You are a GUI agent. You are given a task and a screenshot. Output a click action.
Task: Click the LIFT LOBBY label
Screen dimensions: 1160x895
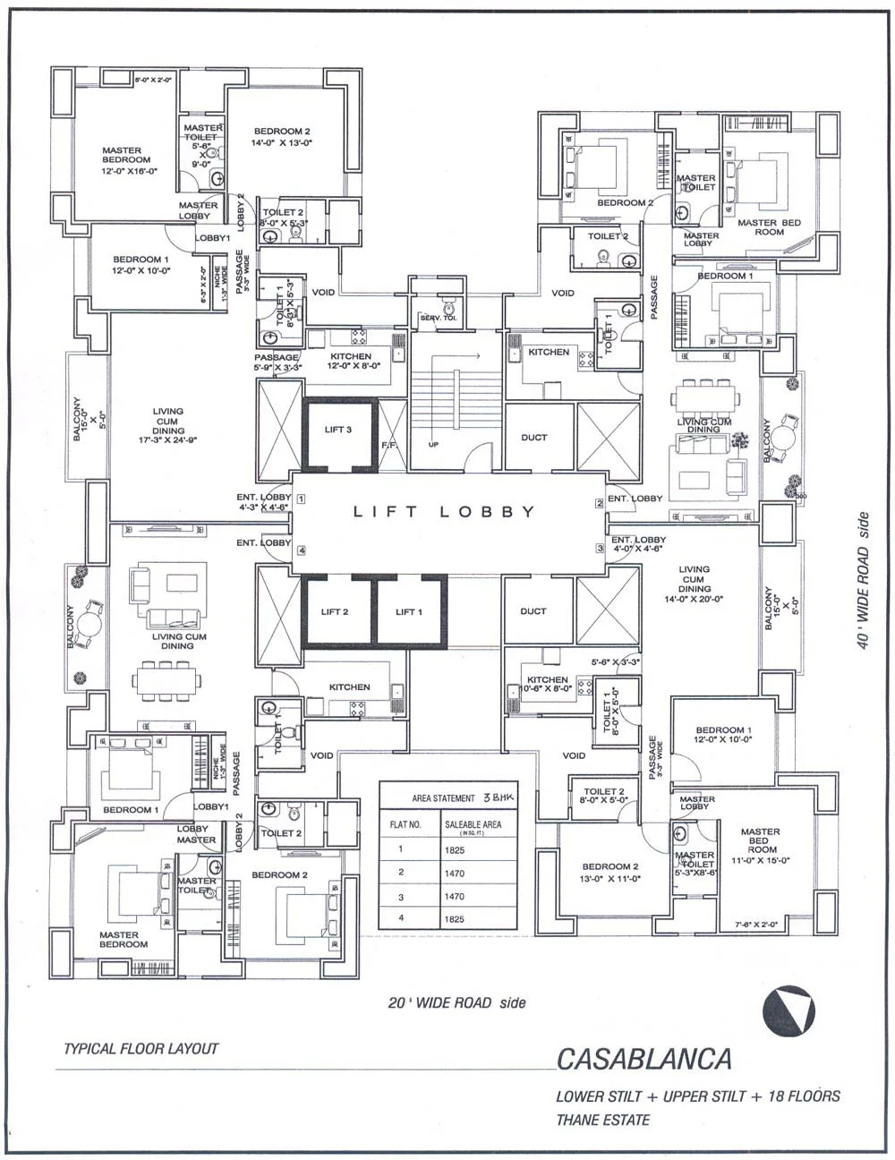[444, 512]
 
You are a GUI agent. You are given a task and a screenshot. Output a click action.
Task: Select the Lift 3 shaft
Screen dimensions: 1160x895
[337, 433]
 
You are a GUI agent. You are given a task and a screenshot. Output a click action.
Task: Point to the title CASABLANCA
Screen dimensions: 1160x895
[644, 1059]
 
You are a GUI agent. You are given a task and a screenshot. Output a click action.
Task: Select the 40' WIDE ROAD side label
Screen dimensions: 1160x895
[863, 581]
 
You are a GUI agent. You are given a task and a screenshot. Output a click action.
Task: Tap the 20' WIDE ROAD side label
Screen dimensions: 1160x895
[456, 1002]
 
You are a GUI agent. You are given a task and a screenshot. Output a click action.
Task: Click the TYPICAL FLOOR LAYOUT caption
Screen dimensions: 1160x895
[141, 1048]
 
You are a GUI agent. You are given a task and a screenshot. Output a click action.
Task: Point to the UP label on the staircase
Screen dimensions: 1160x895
[434, 444]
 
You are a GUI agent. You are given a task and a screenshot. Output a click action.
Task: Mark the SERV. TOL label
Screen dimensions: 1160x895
[439, 319]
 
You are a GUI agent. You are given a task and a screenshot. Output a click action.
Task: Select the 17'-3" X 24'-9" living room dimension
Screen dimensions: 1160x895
[166, 440]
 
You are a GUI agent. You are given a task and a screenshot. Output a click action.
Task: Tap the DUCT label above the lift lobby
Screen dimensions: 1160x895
[533, 438]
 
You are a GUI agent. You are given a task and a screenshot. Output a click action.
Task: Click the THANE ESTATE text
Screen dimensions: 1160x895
[602, 1120]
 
